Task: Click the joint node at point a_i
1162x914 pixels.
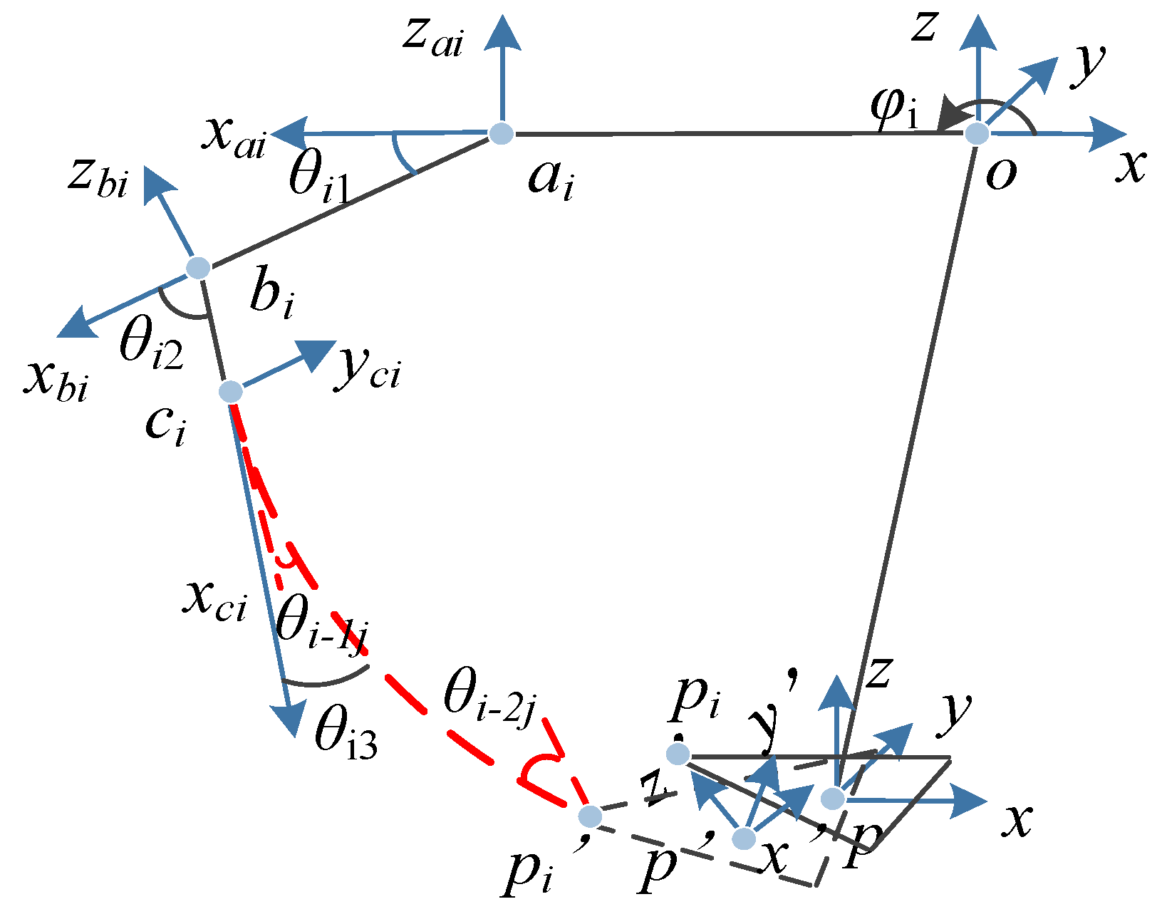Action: pyautogui.click(x=502, y=133)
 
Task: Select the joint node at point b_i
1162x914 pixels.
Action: pyautogui.click(x=198, y=268)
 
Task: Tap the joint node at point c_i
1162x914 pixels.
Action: pyautogui.click(x=230, y=391)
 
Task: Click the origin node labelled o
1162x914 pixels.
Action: pyautogui.click(x=977, y=133)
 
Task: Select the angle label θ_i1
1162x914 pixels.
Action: pyautogui.click(x=318, y=178)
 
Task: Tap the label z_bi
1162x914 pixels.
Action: pyautogui.click(x=98, y=177)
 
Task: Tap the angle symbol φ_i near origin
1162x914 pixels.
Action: pyautogui.click(x=894, y=108)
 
